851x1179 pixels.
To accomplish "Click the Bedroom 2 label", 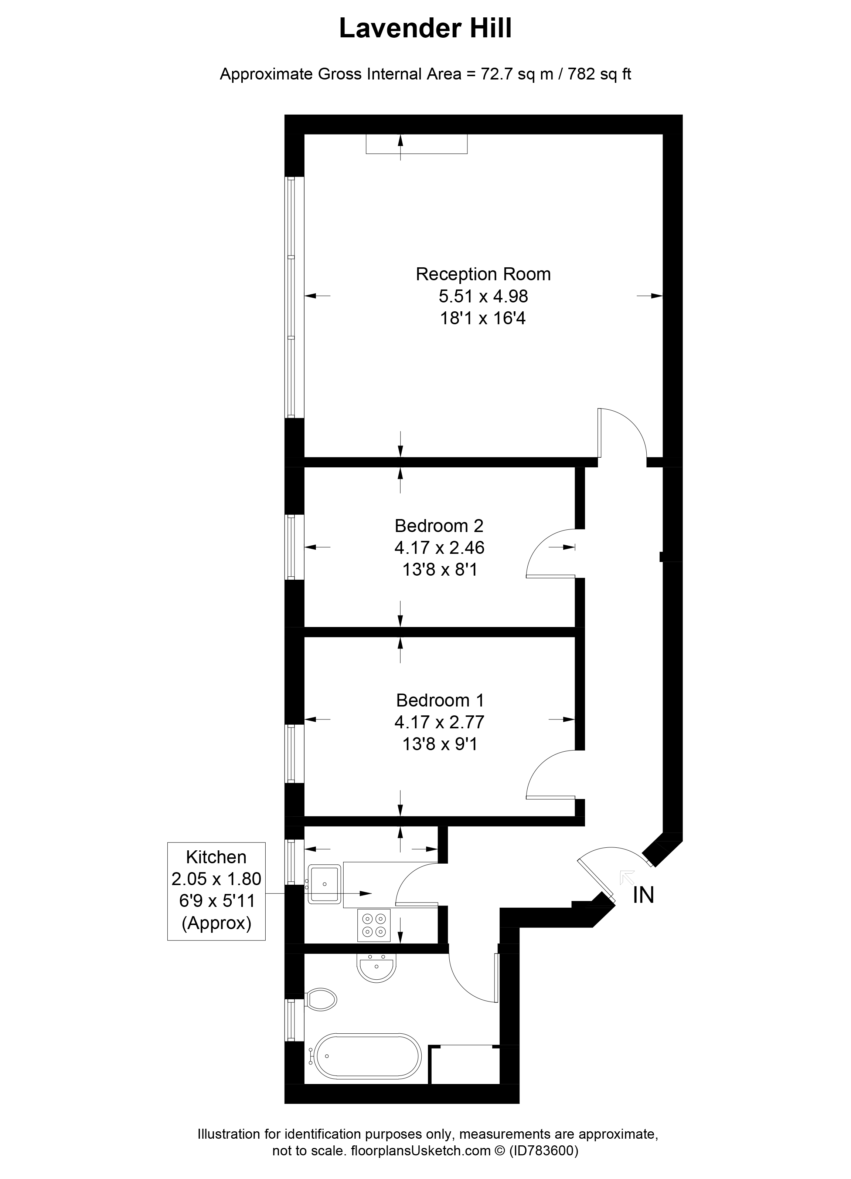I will coord(439,526).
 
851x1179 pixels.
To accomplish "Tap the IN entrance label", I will coord(643,895).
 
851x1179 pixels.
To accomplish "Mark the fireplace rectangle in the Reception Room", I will coord(416,144).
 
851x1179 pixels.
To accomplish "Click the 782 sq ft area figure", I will coord(599,74).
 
